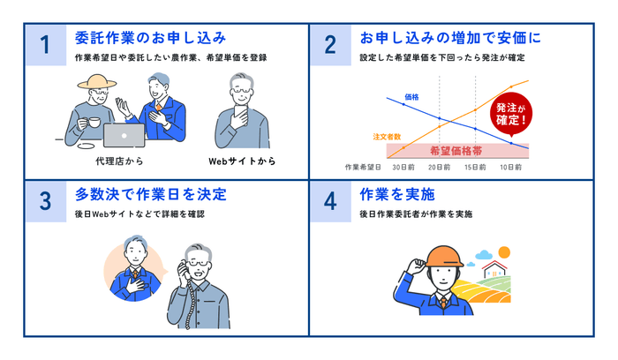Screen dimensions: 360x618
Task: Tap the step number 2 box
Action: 330,45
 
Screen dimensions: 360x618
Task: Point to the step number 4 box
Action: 330,201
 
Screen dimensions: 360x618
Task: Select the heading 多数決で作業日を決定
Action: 152,193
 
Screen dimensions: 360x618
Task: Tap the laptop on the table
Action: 124,133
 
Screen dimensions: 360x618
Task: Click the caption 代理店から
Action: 117,161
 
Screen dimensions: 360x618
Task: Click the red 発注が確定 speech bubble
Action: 513,111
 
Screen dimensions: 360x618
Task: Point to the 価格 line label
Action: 411,96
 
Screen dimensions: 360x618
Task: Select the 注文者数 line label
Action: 388,137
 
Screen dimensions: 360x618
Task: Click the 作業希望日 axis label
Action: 363,166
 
